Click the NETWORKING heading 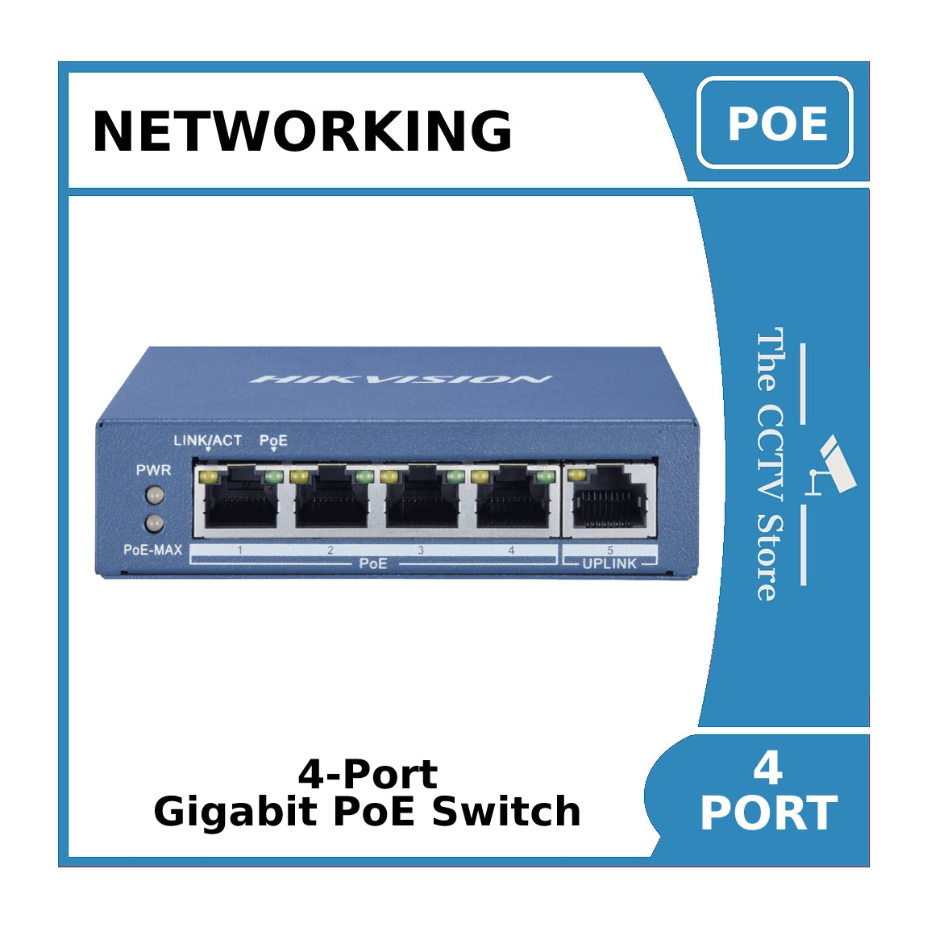coord(302,131)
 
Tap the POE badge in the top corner coord(775,123)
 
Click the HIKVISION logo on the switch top coord(401,379)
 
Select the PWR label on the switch coord(153,470)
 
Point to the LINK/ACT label coord(207,440)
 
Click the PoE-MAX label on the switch coord(152,550)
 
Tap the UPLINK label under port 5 coord(609,563)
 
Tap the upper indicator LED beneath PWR coord(153,495)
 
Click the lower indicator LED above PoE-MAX coord(153,524)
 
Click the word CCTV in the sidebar coord(770,454)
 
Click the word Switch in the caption coord(506,812)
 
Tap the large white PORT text coord(768,813)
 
